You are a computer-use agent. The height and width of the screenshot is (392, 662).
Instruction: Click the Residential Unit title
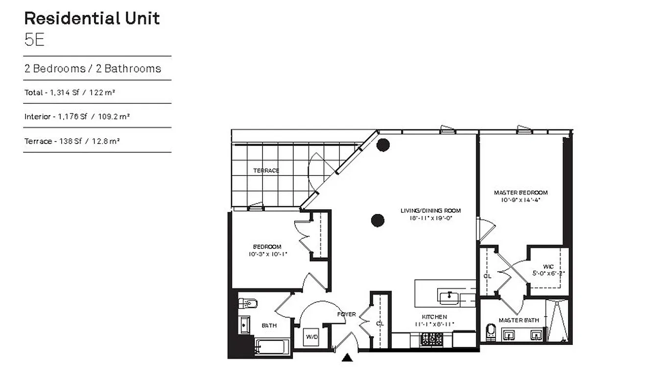[x=92, y=19]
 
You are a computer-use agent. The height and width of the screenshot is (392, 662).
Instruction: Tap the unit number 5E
[x=34, y=40]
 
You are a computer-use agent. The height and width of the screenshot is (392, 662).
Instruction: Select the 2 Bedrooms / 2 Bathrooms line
[x=93, y=69]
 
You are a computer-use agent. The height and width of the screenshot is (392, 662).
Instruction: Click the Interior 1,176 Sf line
[x=76, y=117]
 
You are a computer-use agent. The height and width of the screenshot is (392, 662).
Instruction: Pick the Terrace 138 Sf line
[x=72, y=141]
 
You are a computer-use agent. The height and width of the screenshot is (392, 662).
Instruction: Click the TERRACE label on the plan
[x=266, y=171]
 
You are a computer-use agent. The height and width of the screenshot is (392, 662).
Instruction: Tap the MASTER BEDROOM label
[x=520, y=193]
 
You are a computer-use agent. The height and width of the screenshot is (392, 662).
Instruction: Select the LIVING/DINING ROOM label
[x=430, y=211]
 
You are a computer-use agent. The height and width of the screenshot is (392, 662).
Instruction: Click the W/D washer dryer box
[x=311, y=337]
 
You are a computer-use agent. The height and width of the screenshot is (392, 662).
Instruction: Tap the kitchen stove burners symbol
[x=431, y=339]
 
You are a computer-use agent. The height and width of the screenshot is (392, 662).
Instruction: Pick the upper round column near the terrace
[x=382, y=145]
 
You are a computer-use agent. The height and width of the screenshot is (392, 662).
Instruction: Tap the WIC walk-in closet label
[x=548, y=267]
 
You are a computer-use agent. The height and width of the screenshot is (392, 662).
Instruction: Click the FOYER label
[x=346, y=314]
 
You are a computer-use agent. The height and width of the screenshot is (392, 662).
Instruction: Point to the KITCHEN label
[x=434, y=317]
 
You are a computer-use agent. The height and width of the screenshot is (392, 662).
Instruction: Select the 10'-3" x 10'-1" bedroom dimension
[x=267, y=254]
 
